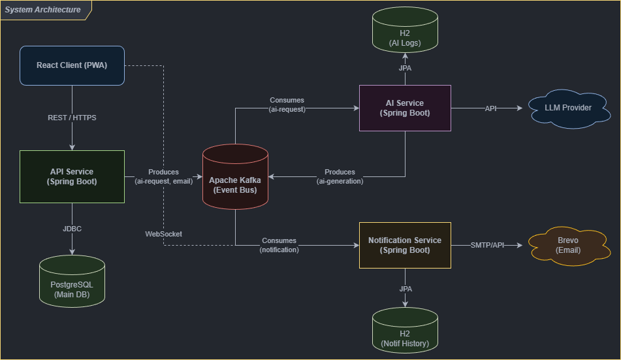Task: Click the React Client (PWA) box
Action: (x=72, y=65)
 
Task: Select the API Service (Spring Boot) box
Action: (x=72, y=176)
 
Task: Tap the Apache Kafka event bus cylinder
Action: (x=235, y=180)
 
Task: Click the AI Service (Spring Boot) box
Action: (x=405, y=108)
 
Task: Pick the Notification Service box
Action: (x=405, y=245)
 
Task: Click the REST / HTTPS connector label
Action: (x=72, y=118)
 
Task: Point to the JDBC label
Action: (x=72, y=229)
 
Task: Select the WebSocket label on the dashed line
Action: (x=163, y=234)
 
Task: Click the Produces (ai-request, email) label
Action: (x=163, y=176)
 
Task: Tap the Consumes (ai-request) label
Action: (x=287, y=105)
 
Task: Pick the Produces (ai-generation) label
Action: (x=340, y=176)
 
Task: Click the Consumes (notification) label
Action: (x=279, y=245)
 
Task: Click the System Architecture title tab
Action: (x=43, y=10)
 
